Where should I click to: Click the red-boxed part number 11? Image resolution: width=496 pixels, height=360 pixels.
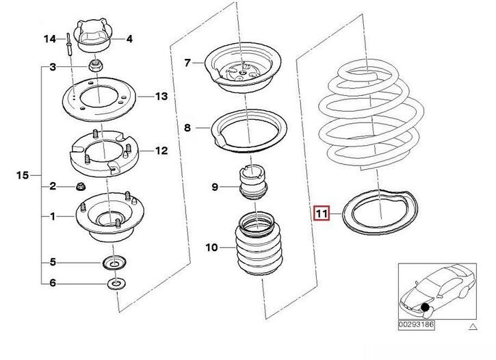point(322,214)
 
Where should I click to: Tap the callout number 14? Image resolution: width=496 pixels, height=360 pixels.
point(50,39)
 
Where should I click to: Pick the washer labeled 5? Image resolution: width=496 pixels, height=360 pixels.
point(114,263)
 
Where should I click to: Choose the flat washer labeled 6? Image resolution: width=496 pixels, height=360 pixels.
point(116,283)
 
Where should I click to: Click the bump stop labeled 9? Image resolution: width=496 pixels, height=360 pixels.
point(252,183)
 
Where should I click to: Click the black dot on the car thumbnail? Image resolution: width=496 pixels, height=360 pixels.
point(425,307)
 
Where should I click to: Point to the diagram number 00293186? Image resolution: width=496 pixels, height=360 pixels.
point(416,324)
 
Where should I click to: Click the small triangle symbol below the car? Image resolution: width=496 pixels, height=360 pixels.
point(473,326)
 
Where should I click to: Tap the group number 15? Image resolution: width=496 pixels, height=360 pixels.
point(23,175)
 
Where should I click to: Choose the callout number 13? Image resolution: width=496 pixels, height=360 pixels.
point(161,96)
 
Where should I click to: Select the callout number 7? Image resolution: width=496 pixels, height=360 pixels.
point(187,63)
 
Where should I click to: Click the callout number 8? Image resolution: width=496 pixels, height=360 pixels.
point(187,127)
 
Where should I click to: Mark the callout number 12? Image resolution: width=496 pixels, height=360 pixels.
point(161,151)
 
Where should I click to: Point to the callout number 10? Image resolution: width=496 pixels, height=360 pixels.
point(211,247)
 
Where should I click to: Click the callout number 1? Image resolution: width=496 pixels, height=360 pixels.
point(53,216)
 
